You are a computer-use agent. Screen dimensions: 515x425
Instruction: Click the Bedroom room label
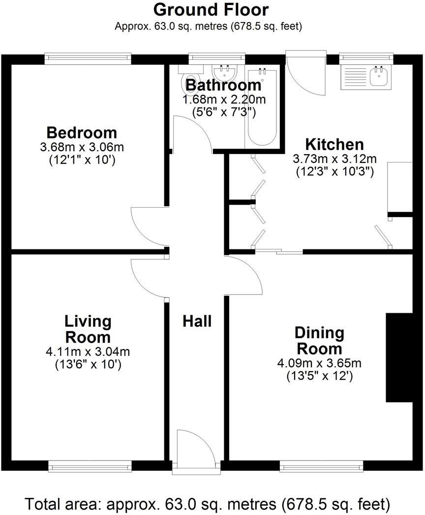(x=82, y=133)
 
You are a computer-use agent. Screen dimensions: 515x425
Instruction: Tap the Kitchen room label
(x=334, y=145)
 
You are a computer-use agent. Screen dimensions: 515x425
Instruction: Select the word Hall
(x=197, y=322)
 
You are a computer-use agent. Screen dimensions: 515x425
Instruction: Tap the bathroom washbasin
(x=226, y=72)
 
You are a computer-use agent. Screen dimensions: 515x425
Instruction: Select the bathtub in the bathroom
(x=262, y=108)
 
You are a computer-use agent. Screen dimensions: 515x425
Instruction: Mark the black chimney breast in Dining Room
(x=399, y=357)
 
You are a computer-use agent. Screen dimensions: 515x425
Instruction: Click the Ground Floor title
(x=211, y=10)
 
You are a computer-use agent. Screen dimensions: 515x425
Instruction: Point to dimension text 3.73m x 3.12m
(x=334, y=159)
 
